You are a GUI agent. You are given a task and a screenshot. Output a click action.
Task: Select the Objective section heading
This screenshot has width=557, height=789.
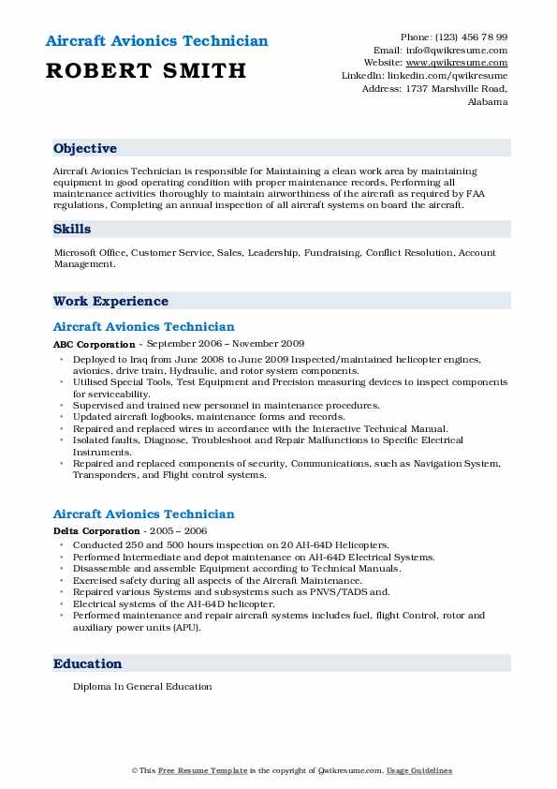pyautogui.click(x=85, y=149)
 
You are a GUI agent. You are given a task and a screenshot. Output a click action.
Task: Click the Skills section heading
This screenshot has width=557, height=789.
pyautogui.click(x=72, y=230)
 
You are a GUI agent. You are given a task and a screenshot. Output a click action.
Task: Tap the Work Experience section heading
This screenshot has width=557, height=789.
pyautogui.click(x=110, y=302)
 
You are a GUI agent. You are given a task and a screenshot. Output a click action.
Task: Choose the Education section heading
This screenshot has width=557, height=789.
pyautogui.click(x=88, y=663)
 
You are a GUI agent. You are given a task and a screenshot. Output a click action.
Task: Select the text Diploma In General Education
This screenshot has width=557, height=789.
pyautogui.click(x=142, y=687)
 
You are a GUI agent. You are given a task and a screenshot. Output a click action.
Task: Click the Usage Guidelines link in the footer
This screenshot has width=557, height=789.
pyautogui.click(x=420, y=770)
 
